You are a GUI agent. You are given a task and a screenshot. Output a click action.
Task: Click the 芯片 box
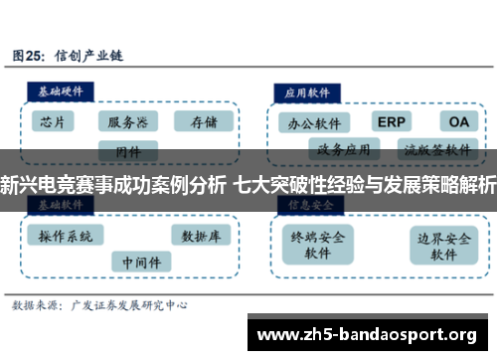(x=54, y=122)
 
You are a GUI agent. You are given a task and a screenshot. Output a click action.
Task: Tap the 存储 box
(x=203, y=122)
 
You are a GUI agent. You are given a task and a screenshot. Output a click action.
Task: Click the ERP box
(x=391, y=121)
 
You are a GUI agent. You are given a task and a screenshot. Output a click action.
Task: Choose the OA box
(x=457, y=121)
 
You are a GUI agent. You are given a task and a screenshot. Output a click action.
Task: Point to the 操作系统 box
(x=66, y=237)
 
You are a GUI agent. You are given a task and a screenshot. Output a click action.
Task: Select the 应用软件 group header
(x=307, y=89)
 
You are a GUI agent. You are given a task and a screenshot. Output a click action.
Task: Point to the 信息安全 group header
(x=307, y=204)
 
